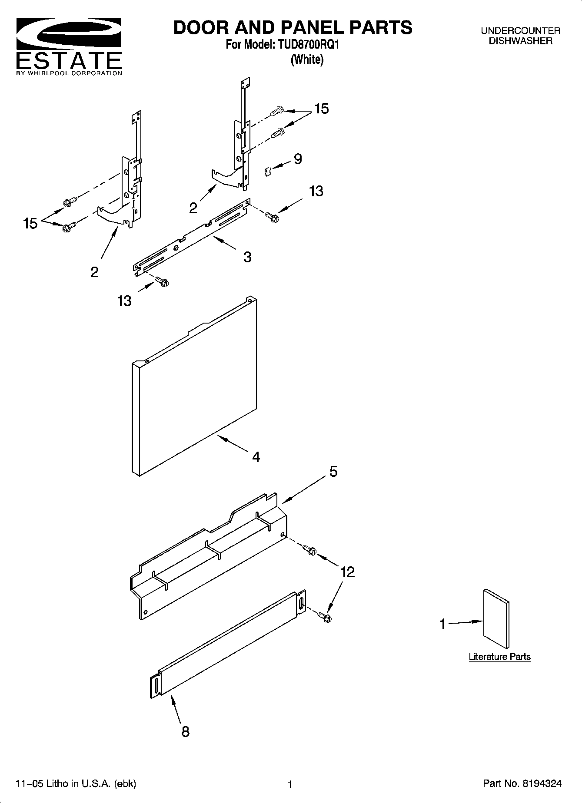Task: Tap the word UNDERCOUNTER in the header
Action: pos(520,31)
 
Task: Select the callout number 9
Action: pos(298,159)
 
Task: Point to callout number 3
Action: pos(247,257)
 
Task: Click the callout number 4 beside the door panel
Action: pos(256,456)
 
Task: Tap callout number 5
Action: pos(333,471)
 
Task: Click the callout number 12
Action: pos(347,572)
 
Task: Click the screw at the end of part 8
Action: pos(324,616)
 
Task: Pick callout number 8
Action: pos(185,732)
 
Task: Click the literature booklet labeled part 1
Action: pos(496,618)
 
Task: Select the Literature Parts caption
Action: pos(499,657)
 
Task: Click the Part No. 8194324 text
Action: pos(522,783)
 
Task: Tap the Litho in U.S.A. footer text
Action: pos(76,783)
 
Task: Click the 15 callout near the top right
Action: pos(321,108)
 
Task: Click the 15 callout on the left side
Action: pos(30,223)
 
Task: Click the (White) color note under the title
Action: pos(307,59)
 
